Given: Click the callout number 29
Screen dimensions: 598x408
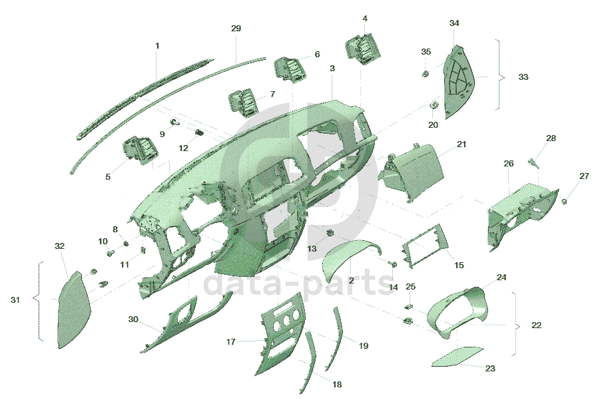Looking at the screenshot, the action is pos(236,29).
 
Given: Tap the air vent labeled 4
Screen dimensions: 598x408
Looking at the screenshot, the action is pos(362,48).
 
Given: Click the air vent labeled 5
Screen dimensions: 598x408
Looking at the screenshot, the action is pos(140,150).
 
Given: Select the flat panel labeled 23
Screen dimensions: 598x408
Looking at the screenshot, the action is pos(457,357).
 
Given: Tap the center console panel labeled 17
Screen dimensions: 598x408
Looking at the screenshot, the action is pos(280,333).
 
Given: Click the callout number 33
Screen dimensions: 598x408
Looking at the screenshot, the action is pos(523,77).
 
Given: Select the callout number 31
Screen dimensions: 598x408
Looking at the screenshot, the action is pos(15,300).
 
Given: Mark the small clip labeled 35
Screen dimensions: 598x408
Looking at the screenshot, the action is pos(426,73).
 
